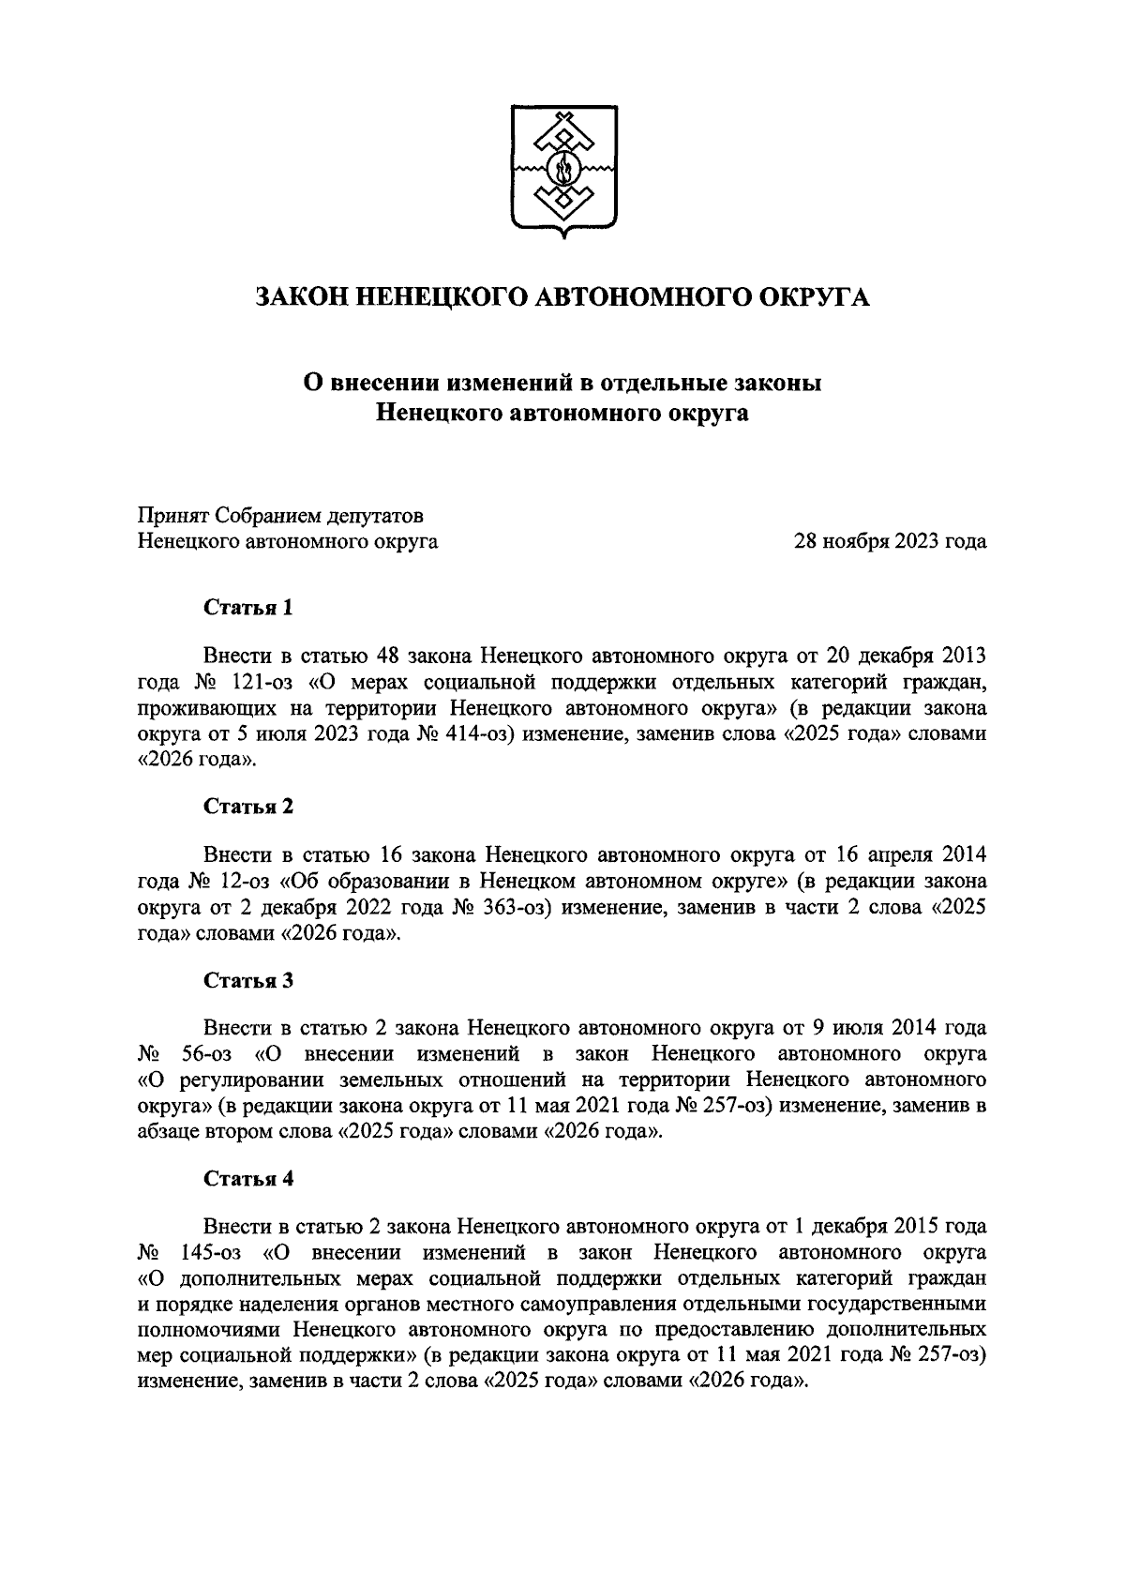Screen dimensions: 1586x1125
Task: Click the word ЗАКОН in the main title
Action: click(303, 297)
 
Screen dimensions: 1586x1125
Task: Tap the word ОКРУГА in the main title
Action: click(814, 297)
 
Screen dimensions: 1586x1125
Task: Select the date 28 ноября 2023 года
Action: click(890, 541)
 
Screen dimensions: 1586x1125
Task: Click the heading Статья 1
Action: click(248, 608)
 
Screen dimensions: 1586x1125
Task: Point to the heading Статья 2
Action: click(248, 807)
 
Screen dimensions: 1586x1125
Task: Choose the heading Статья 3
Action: click(248, 980)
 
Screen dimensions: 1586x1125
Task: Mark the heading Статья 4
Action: click(248, 1179)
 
